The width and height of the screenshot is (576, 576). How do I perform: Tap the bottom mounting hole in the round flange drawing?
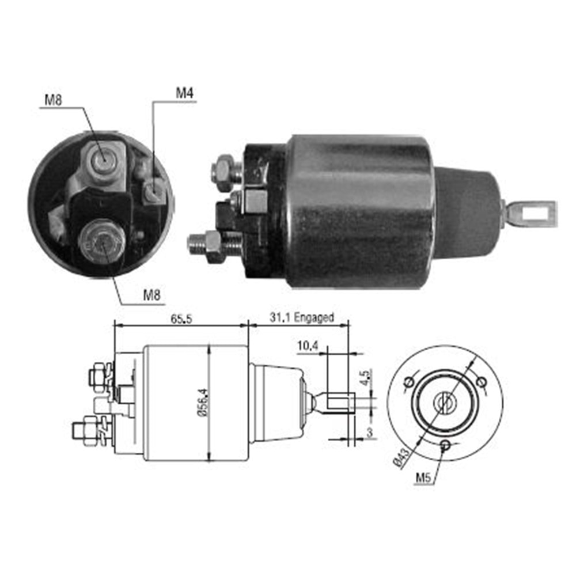point(445,445)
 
